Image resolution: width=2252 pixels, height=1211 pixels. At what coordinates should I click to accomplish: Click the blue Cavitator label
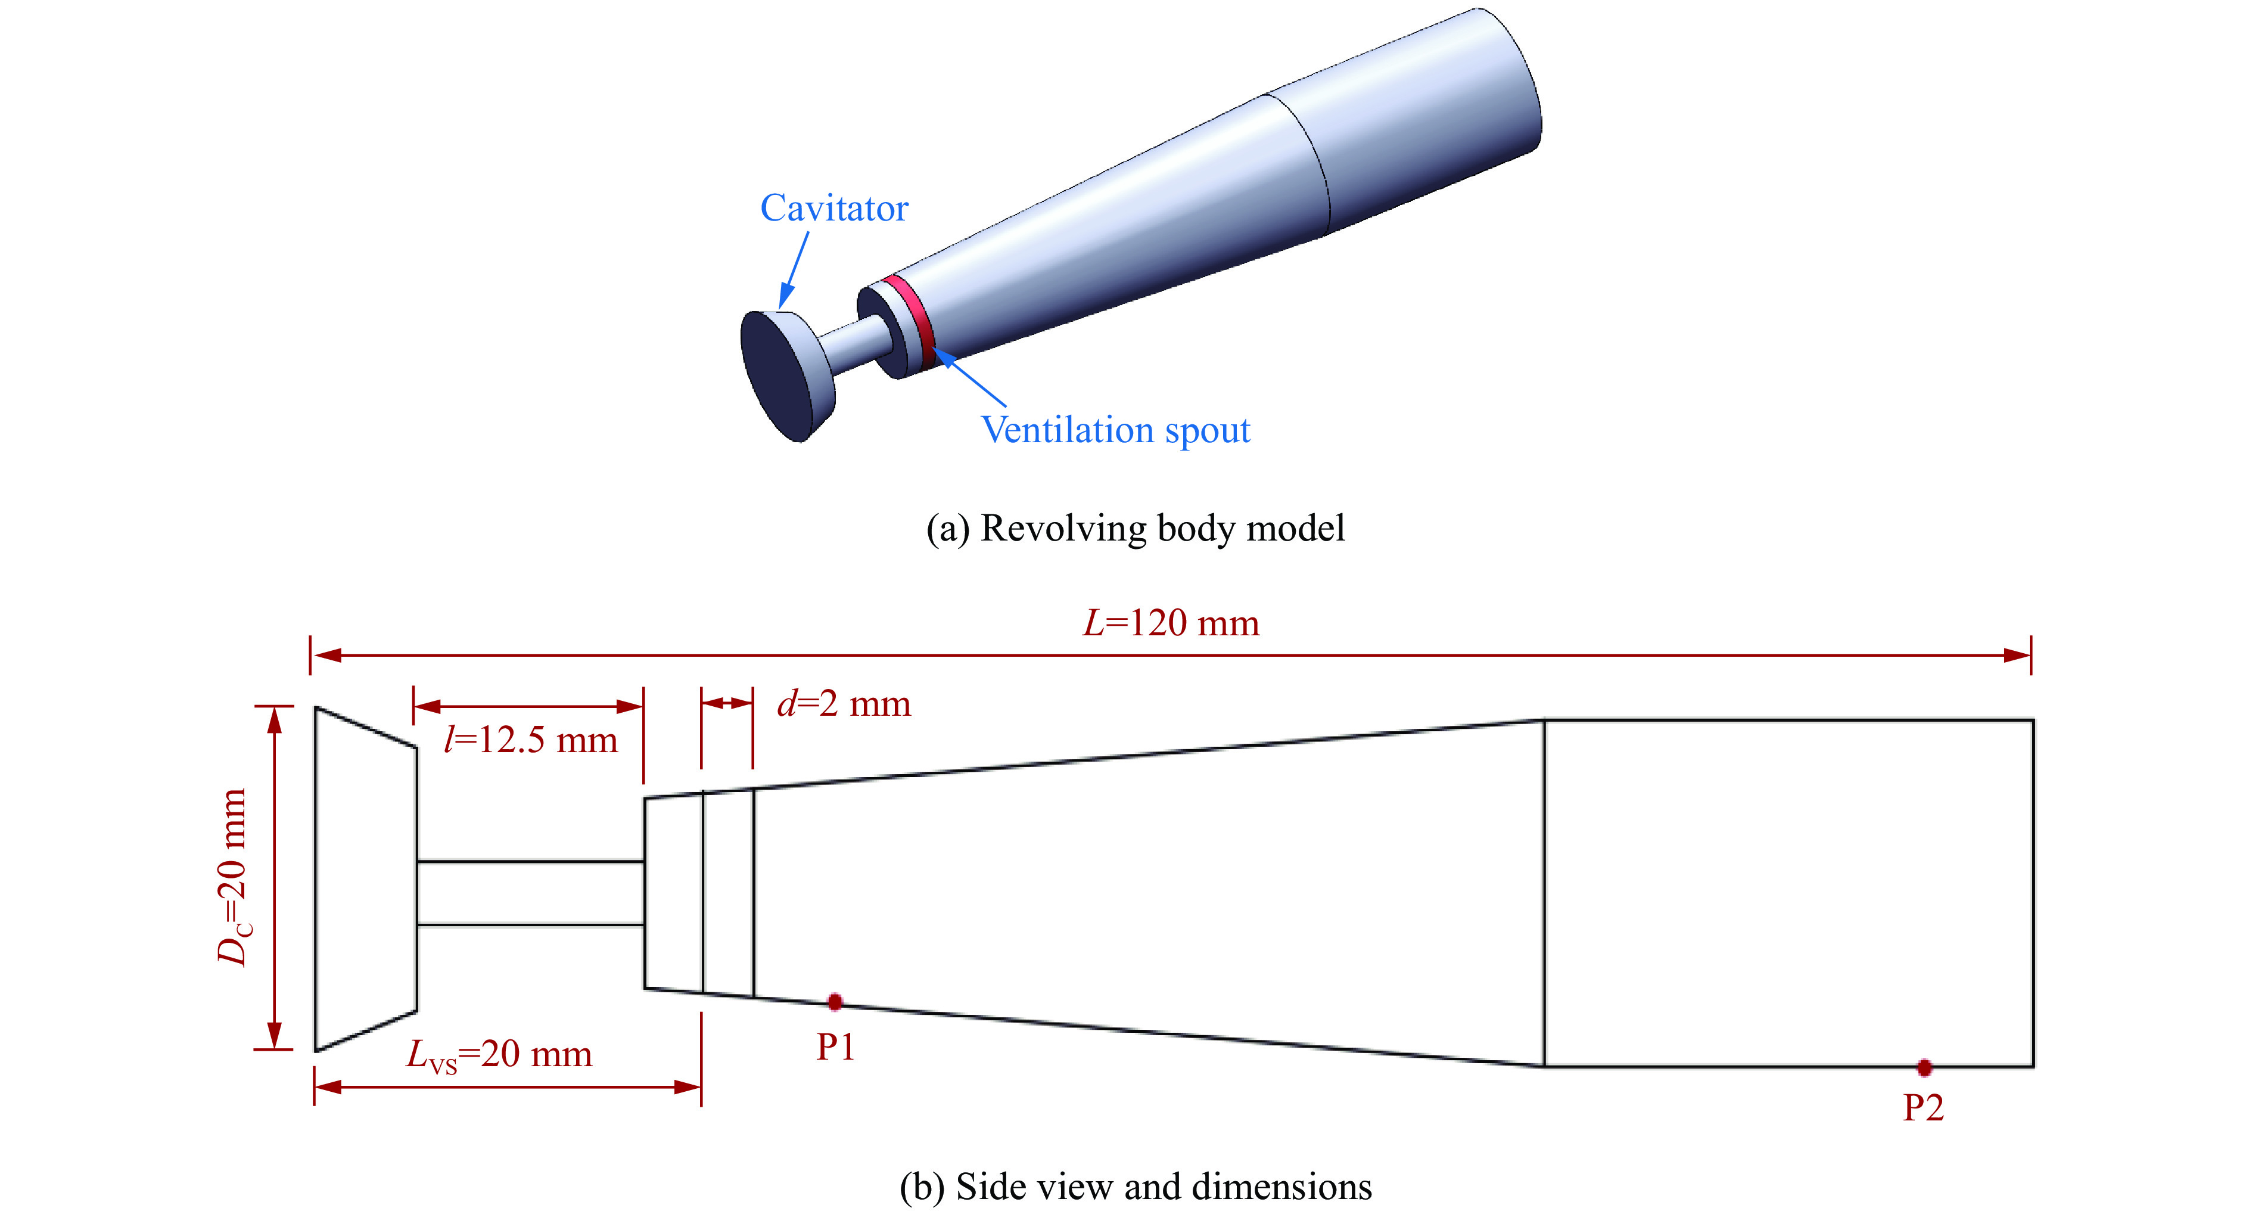point(834,208)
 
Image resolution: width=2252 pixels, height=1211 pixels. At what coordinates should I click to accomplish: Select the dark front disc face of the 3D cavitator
point(774,374)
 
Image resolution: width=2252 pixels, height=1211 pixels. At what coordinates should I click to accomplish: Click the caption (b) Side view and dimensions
point(1136,1187)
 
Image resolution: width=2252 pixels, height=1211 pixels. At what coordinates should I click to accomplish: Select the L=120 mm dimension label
point(1171,623)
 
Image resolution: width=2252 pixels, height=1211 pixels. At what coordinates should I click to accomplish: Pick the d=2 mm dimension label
point(844,703)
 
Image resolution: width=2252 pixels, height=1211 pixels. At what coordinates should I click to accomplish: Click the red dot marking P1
point(835,1001)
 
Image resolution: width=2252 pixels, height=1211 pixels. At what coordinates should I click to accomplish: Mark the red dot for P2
point(1924,1067)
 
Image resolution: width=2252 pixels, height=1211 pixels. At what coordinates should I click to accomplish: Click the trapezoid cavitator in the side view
point(365,878)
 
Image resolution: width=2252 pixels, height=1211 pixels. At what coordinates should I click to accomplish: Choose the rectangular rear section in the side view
point(1788,893)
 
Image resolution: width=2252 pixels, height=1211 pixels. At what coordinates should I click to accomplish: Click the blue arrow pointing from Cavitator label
point(794,270)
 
